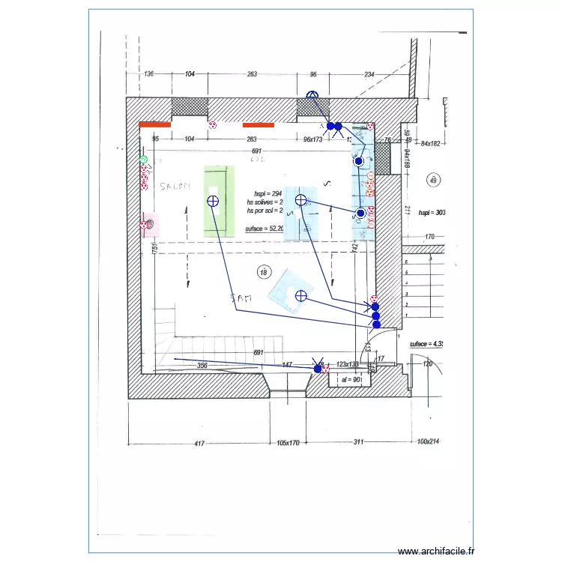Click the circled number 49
(x=432, y=179)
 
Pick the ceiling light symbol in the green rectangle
(x=212, y=201)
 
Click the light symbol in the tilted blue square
(x=300, y=295)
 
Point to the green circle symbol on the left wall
(x=143, y=160)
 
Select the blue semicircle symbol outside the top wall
(x=313, y=95)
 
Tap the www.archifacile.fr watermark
(x=436, y=550)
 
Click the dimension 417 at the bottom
(x=199, y=443)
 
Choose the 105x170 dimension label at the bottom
(x=288, y=443)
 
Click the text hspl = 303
(x=432, y=213)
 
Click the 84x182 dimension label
(x=432, y=143)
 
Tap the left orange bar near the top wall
(x=154, y=125)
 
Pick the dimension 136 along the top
(x=148, y=74)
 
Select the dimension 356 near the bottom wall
(x=202, y=366)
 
